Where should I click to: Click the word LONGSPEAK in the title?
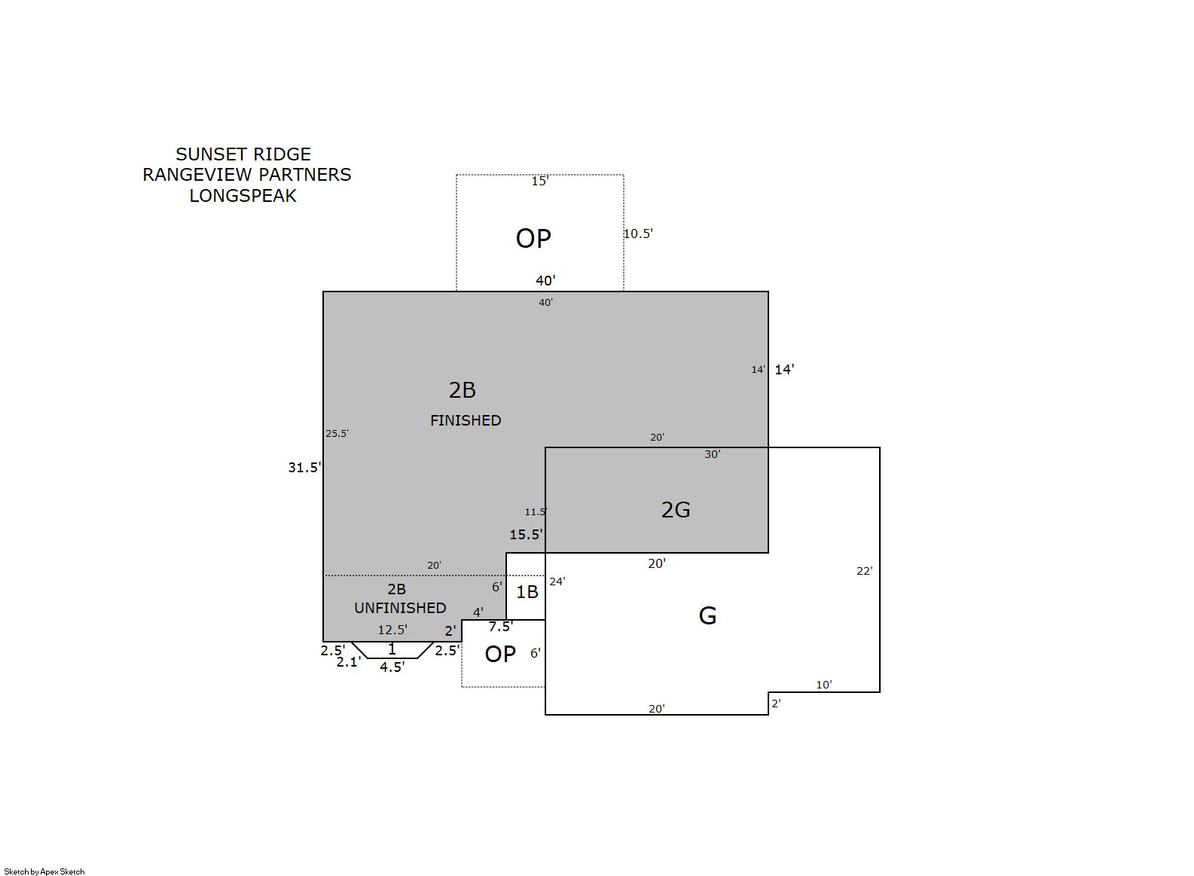tap(243, 196)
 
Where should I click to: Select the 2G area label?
tap(676, 510)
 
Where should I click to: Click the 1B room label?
tap(527, 591)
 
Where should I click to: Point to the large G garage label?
tap(707, 616)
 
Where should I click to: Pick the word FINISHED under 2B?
tap(466, 420)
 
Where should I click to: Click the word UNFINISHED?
tap(400, 608)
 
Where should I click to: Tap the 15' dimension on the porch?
tap(540, 182)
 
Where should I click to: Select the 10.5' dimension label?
tap(638, 233)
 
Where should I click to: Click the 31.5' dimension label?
tap(304, 467)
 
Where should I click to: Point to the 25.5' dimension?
tap(337, 433)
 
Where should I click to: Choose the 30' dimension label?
tap(712, 454)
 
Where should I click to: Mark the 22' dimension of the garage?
tap(864, 571)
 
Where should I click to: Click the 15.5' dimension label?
tap(526, 534)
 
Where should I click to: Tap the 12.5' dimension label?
tap(392, 630)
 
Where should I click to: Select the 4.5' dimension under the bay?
tap(392, 667)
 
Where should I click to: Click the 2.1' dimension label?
tap(349, 662)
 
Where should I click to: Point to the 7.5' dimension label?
tap(501, 627)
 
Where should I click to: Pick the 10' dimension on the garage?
tap(823, 685)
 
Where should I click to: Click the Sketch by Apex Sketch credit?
tap(44, 871)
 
